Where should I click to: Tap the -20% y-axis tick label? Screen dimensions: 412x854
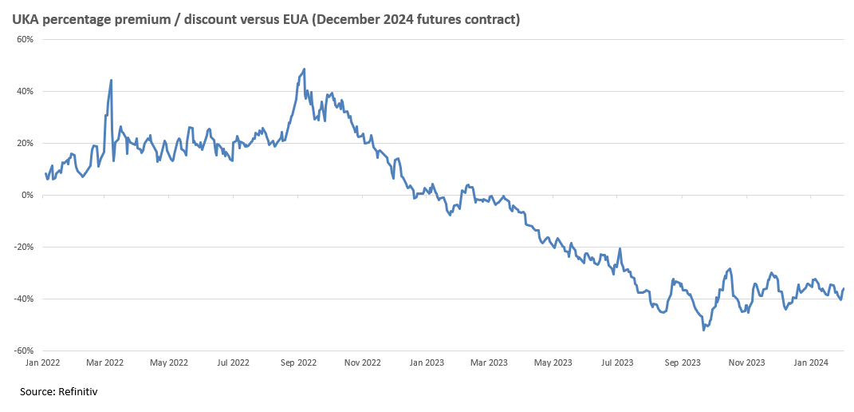(22, 247)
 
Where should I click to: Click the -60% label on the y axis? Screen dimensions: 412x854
(22, 351)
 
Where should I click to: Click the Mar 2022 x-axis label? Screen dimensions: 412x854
(104, 362)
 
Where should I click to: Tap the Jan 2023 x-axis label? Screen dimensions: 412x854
(427, 362)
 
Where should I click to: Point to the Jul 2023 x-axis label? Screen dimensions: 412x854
(617, 362)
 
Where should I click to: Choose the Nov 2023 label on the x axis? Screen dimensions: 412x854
(746, 362)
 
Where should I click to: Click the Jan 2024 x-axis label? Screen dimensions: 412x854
(811, 362)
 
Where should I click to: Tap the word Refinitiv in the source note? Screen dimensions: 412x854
(78, 391)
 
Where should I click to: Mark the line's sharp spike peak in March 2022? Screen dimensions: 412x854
(111, 80)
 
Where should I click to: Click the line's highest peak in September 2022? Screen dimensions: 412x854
(304, 69)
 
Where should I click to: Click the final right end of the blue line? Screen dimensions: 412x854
(844, 288)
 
